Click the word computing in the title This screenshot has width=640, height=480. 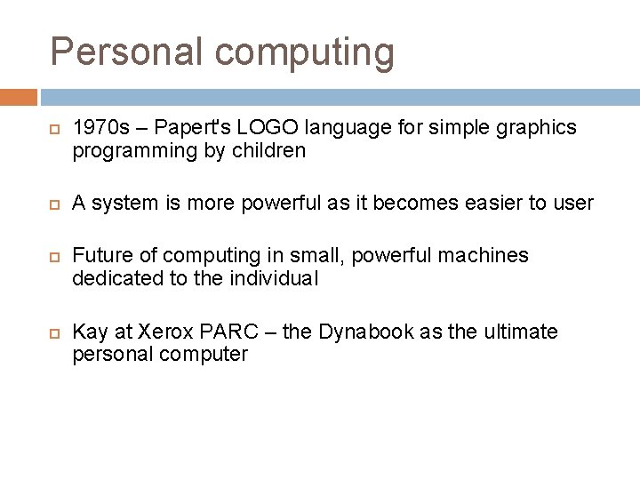click(x=302, y=53)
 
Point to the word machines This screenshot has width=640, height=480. click(x=485, y=256)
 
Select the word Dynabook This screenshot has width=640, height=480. click(x=369, y=333)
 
